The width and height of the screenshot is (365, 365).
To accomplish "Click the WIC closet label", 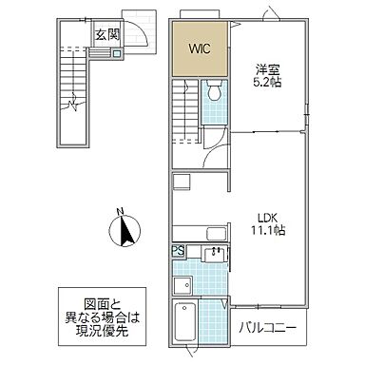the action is [x=200, y=49].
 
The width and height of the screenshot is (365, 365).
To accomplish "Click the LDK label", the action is [x=267, y=219].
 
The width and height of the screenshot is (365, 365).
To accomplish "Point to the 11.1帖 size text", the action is [x=268, y=230].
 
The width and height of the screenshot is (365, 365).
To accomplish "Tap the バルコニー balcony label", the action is [x=268, y=328].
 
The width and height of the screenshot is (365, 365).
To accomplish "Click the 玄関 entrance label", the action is [x=108, y=35].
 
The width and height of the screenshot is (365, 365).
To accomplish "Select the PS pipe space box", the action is [x=179, y=251].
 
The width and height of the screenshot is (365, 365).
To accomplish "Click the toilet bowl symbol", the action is [x=214, y=91].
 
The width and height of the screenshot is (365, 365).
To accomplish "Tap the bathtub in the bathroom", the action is [x=184, y=322].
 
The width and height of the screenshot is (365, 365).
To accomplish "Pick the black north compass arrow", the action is [x=126, y=231].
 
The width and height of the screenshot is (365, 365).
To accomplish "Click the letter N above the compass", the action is [x=120, y=211].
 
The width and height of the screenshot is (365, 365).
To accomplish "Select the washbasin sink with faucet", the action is [x=215, y=255].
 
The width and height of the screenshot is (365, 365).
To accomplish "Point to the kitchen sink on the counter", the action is [x=217, y=234].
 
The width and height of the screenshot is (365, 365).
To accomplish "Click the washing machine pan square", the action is [x=182, y=285].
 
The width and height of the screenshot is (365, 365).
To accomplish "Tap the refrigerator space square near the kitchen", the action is [x=181, y=182].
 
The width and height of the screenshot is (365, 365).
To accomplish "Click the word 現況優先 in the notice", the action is [x=102, y=331].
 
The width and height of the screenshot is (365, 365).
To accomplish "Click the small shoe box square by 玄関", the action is [x=117, y=53].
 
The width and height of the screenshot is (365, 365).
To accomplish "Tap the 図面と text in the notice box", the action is [x=102, y=305].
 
